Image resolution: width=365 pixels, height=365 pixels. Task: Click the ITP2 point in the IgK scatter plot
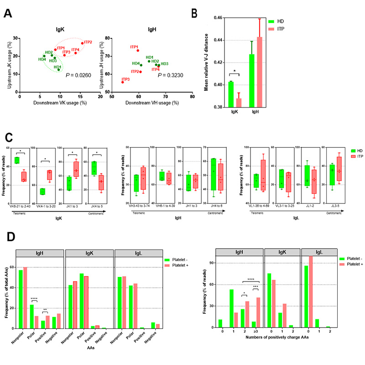(x=83, y=43)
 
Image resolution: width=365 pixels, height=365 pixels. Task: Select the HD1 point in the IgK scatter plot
(x=59, y=69)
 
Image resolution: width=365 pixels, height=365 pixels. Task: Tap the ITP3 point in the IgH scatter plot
(x=123, y=82)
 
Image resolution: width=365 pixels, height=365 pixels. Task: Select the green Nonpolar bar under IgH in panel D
(x=20, y=297)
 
